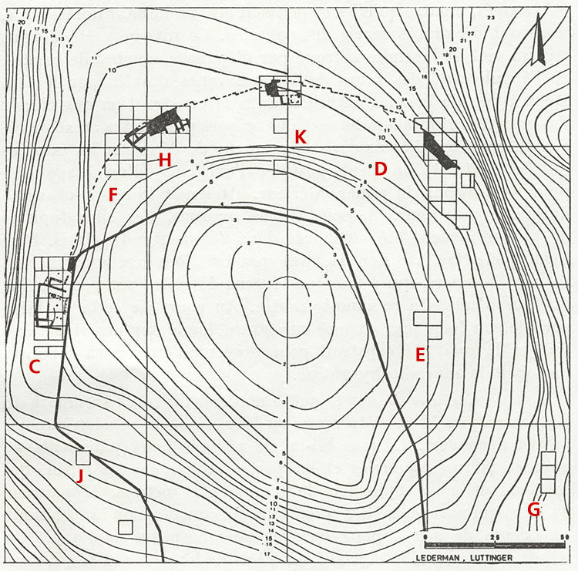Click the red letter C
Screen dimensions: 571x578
[x=34, y=368]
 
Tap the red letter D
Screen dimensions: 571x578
[x=380, y=169]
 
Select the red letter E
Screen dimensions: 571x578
[x=420, y=354]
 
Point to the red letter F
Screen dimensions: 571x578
[x=113, y=195]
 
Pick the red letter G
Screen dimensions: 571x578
[x=533, y=509]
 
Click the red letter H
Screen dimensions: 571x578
[x=163, y=160]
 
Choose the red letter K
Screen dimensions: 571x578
[x=301, y=137]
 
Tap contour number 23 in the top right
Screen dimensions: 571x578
[x=490, y=17]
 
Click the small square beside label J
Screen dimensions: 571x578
[x=82, y=456]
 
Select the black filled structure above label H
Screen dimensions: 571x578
[x=163, y=121]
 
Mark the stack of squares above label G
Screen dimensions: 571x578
[x=548, y=472]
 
